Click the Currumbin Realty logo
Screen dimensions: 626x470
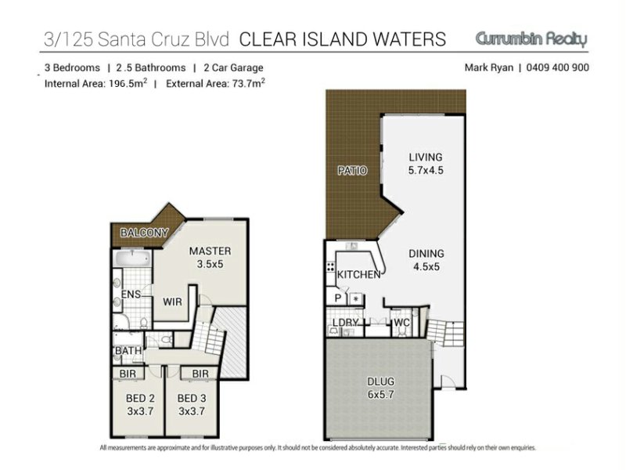click(x=531, y=39)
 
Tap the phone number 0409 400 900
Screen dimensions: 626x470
click(x=557, y=67)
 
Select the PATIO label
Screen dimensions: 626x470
click(x=352, y=171)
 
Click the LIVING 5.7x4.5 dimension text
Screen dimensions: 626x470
click(x=426, y=170)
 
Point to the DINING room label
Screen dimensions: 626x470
click(x=426, y=253)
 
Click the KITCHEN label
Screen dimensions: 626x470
click(x=358, y=275)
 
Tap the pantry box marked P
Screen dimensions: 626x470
click(x=338, y=298)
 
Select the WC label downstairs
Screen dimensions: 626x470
click(x=401, y=323)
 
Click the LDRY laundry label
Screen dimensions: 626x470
click(x=345, y=323)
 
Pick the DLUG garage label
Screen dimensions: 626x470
click(x=380, y=381)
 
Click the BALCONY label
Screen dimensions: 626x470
click(x=144, y=233)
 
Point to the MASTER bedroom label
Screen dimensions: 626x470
click(x=210, y=251)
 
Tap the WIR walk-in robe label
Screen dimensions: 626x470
click(x=172, y=302)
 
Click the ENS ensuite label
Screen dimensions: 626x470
click(x=131, y=295)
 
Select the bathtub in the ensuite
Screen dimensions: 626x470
click(x=131, y=258)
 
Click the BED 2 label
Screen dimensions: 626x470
click(x=140, y=399)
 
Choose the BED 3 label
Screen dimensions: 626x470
click(x=192, y=399)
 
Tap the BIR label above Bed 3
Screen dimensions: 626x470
click(x=200, y=374)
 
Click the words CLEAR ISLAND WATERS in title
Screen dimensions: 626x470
click(x=343, y=39)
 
